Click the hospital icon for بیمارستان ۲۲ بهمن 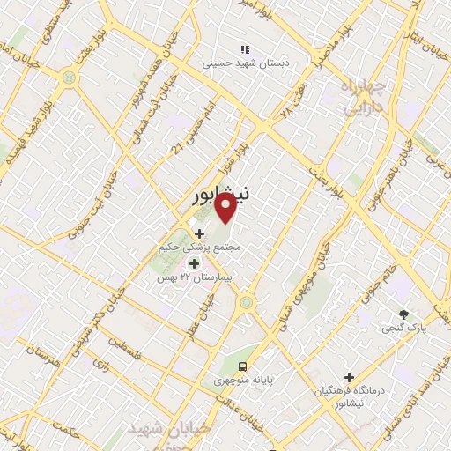click(194, 263)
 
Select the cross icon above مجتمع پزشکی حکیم click(198, 233)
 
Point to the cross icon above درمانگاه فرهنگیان click(350, 376)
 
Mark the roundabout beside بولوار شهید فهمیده click(69, 78)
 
